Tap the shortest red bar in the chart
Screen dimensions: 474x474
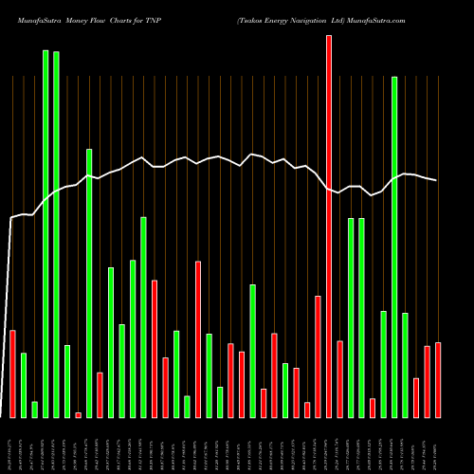78,414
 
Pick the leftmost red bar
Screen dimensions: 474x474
12,374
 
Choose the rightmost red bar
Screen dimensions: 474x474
438,379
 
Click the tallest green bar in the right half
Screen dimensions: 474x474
394,246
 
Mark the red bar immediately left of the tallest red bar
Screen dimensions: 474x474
318,356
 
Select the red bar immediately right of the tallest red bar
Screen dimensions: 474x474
339,378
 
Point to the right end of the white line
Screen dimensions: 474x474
437,180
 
